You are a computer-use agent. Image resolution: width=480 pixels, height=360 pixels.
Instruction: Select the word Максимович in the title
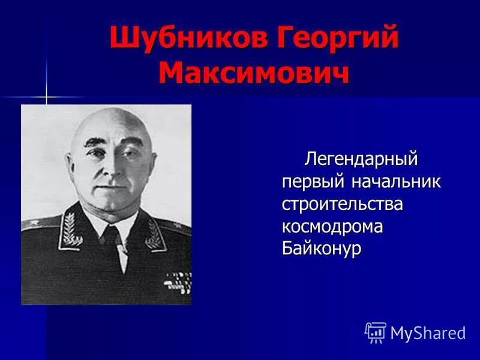click(254, 73)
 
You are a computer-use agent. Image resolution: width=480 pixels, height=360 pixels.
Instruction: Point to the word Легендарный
click(361, 160)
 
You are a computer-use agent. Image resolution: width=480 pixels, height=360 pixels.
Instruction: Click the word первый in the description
click(307, 182)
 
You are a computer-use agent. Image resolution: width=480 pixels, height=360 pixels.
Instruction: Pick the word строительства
click(343, 204)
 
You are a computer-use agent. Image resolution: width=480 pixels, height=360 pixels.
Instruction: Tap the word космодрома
click(332, 226)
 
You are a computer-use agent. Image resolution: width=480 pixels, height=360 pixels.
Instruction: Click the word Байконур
click(322, 248)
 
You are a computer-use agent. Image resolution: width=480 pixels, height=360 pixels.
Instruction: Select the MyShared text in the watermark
click(428, 333)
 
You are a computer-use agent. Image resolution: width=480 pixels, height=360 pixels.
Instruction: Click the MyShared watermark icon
click(375, 332)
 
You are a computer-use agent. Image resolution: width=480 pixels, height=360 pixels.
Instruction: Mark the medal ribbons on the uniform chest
click(178, 283)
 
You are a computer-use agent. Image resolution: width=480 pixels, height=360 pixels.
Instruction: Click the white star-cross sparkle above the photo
click(46, 97)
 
